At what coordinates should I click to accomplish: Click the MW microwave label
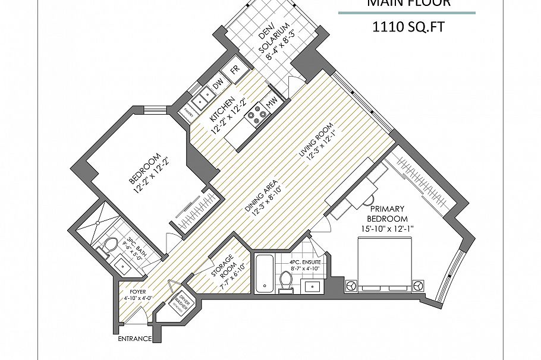coord(271,103)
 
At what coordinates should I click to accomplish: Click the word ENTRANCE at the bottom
coord(134,339)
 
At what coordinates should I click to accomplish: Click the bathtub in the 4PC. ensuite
coord(263,274)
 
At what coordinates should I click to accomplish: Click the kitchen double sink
coord(206,94)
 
